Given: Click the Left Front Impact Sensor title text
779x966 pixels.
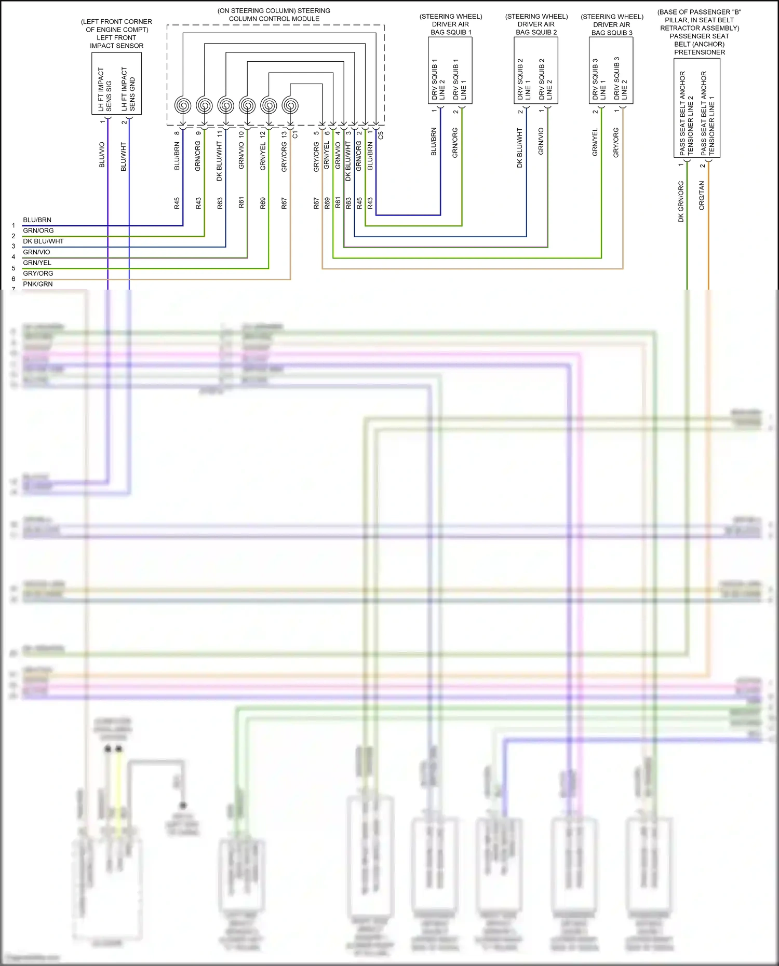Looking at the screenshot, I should pos(116,34).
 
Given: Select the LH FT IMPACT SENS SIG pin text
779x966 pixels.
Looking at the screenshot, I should pos(105,89).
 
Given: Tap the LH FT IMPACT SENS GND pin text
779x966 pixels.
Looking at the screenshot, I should pos(128,89).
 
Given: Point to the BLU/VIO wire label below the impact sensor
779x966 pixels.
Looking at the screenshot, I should pos(102,155).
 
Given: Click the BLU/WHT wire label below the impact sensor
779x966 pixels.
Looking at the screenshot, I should pos(124,157).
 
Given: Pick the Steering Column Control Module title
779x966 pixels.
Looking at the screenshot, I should pos(274,15).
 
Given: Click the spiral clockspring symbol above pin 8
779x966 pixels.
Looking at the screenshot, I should pos(183,106).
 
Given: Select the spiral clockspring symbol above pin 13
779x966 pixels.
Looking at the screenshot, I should pos(290,106).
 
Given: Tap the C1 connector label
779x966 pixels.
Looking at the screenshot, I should pos(296,134).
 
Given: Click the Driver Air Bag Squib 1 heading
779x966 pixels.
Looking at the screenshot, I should pos(451,24).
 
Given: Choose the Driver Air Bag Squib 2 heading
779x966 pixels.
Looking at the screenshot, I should pos(536,24).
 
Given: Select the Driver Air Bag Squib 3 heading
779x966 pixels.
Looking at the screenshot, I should pos(612,24).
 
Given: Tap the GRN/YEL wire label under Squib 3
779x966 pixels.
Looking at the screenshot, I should pos(595,142).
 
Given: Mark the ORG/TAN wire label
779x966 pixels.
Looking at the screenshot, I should pos(702,195).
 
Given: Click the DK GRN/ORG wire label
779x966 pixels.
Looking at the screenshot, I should pos(681,201).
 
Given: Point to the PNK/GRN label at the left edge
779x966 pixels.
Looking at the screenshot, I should pos(38,284).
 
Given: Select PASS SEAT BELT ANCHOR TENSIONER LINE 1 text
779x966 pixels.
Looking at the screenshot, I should pos(707,113).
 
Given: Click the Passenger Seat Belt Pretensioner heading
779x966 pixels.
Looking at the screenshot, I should pos(700,32).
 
